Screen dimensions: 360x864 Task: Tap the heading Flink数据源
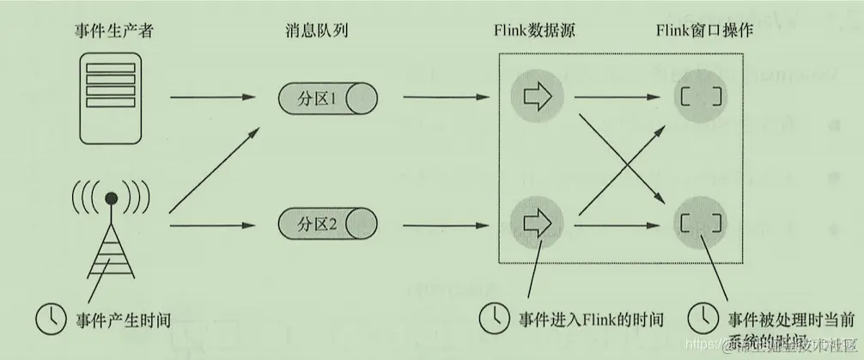(x=533, y=31)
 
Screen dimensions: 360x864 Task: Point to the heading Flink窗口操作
(x=703, y=31)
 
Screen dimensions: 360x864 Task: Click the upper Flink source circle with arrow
(x=535, y=98)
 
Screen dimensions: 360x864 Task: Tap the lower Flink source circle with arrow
(x=535, y=224)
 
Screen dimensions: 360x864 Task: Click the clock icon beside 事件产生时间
(x=50, y=318)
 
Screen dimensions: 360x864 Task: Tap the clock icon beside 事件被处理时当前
(x=704, y=317)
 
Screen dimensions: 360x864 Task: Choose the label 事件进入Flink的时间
(x=591, y=319)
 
